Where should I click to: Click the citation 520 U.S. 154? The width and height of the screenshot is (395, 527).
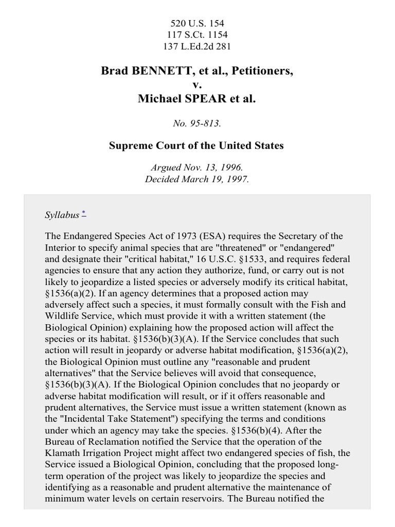[x=197, y=24]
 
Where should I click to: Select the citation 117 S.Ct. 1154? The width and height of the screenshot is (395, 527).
[x=197, y=35]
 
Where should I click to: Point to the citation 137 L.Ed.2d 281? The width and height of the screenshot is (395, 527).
[x=197, y=46]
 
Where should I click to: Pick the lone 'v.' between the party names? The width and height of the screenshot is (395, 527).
[x=197, y=85]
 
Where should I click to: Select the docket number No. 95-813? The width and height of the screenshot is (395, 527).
[x=197, y=123]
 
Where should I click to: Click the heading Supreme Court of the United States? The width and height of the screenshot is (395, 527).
[x=197, y=146]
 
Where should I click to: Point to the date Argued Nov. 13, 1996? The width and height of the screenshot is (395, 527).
[x=197, y=168]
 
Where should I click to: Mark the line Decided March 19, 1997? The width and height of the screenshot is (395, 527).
[x=197, y=179]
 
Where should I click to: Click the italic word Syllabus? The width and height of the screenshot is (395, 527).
[x=62, y=215]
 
